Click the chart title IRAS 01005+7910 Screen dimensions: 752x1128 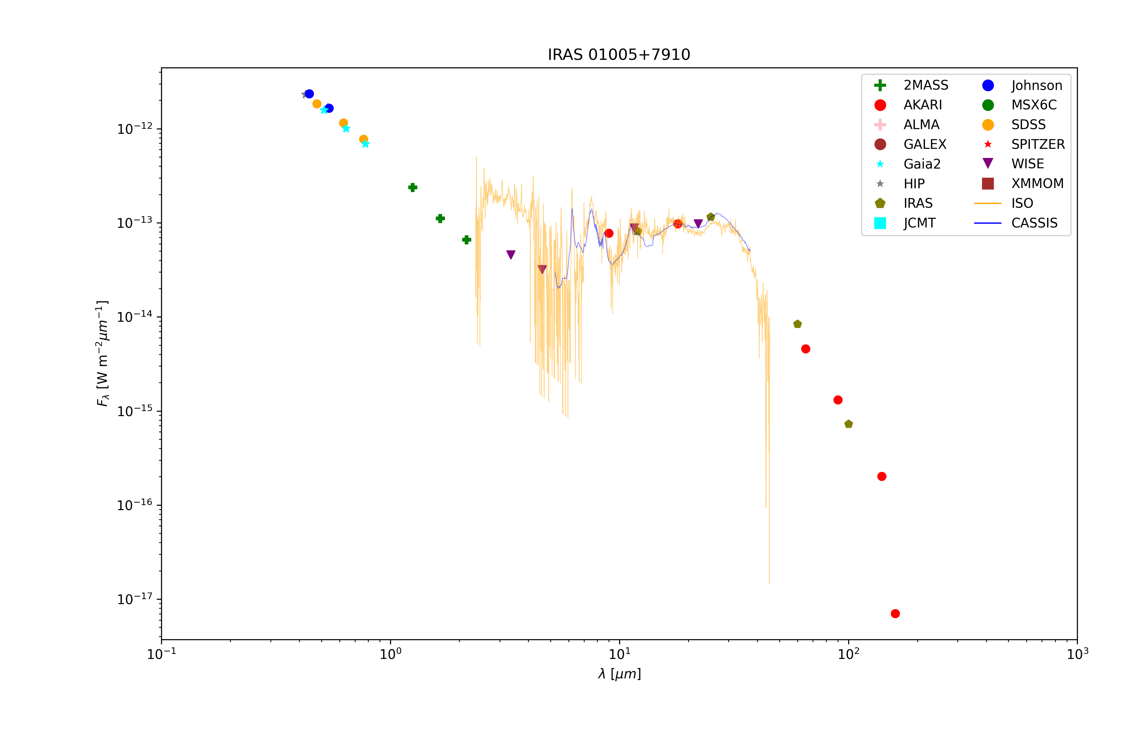619,55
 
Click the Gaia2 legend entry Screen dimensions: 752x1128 921,164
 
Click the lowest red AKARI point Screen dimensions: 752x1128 895,614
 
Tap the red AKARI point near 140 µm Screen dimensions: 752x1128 881,476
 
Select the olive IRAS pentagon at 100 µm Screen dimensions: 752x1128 849,424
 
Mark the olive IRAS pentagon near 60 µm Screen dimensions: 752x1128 797,324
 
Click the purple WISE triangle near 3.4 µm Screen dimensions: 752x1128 511,255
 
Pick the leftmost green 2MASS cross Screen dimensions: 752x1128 412,187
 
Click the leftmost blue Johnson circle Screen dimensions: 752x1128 309,94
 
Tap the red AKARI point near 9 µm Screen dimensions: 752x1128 609,233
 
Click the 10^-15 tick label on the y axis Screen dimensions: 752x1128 135,411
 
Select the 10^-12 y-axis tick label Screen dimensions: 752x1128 135,129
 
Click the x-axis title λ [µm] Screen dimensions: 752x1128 619,674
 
